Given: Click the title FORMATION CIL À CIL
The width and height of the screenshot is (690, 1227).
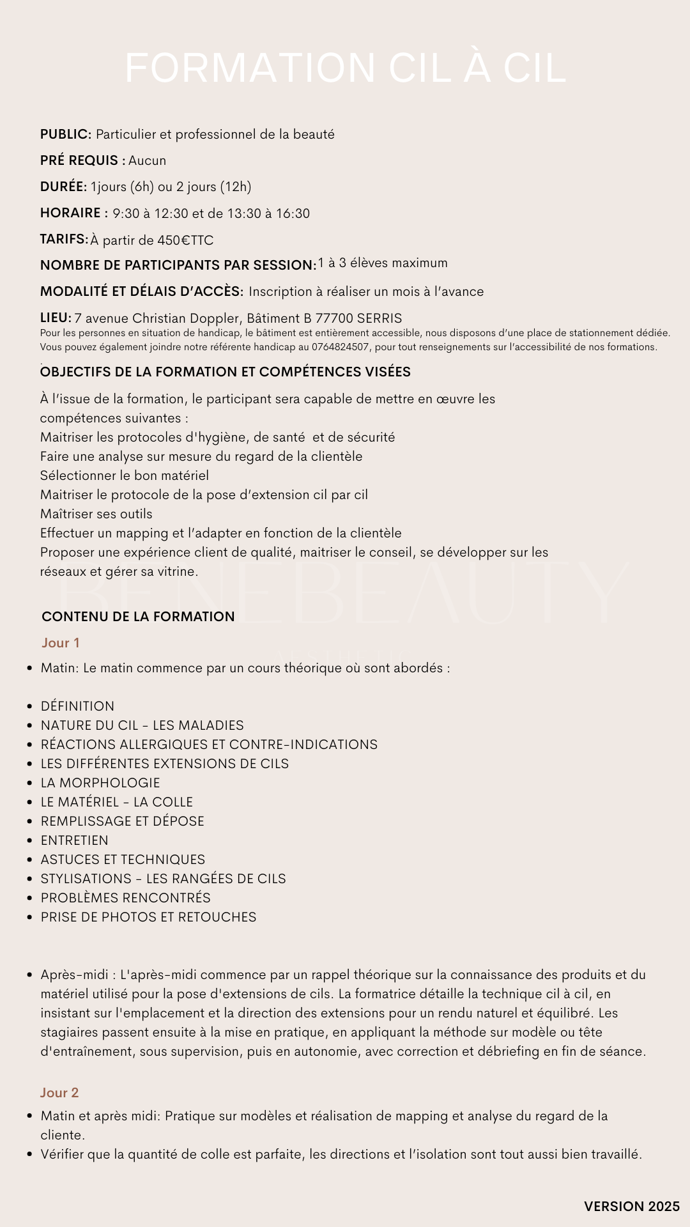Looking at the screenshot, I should pyautogui.click(x=345, y=68).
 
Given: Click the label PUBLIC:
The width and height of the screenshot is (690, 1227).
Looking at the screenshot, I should pyautogui.click(x=66, y=134).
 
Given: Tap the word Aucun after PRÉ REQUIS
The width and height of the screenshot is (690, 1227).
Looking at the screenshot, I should pyautogui.click(x=147, y=160).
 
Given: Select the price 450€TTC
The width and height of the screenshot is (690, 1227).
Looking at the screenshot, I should pyautogui.click(x=185, y=240).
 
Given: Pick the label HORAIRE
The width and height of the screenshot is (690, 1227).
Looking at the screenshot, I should pyautogui.click(x=70, y=213).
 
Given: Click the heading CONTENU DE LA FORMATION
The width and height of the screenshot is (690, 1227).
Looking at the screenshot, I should pyautogui.click(x=138, y=617).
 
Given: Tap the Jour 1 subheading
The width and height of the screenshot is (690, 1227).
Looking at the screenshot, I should pyautogui.click(x=61, y=643).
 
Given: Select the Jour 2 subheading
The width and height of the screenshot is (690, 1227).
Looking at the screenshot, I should pyautogui.click(x=59, y=1093).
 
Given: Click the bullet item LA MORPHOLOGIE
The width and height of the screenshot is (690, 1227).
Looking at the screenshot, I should pyautogui.click(x=100, y=783).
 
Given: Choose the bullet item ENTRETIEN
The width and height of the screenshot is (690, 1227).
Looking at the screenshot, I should pyautogui.click(x=75, y=840).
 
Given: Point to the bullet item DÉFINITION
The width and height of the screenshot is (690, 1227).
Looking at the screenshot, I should pyautogui.click(x=77, y=706).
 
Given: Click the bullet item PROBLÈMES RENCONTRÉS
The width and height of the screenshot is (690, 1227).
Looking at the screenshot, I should pyautogui.click(x=126, y=898).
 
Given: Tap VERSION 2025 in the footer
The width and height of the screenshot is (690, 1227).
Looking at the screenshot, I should pyautogui.click(x=632, y=1207).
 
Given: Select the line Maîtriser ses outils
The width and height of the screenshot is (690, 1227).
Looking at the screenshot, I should pyautogui.click(x=96, y=514).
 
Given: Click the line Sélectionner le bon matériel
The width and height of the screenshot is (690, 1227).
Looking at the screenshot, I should pyautogui.click(x=125, y=475).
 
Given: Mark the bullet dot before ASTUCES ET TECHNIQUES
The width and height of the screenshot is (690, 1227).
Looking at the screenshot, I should pyautogui.click(x=29, y=860).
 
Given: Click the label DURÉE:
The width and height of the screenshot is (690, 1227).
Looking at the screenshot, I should pyautogui.click(x=63, y=187).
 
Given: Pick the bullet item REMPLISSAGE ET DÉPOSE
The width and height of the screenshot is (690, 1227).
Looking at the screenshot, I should pyautogui.click(x=123, y=821).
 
